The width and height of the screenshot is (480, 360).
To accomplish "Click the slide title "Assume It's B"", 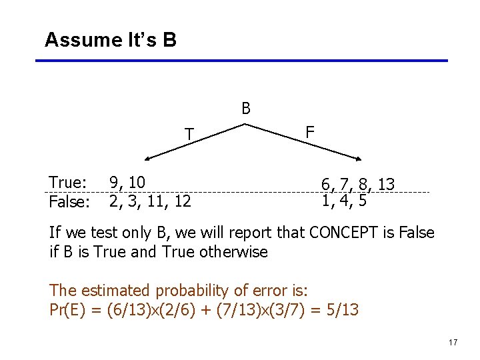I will tap(111, 40).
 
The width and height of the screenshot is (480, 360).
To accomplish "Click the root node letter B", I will tap(246, 109).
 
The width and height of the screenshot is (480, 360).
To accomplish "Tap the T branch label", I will tap(189, 135).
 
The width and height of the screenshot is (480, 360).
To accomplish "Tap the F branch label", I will tap(310, 132).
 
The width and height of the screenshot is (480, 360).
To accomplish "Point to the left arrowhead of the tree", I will tap(149, 159).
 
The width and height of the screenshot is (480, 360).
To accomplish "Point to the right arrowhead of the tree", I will tap(361, 159).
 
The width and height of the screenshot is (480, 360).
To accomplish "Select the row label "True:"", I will tap(68, 183).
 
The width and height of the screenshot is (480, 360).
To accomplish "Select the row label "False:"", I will tap(70, 201).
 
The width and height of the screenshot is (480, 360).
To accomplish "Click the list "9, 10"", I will tap(127, 183).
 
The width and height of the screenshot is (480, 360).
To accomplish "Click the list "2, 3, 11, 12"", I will tap(150, 201).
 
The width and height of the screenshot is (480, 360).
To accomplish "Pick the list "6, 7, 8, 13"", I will tap(358, 185).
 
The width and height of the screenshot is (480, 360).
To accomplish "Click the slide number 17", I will tap(453, 343).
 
